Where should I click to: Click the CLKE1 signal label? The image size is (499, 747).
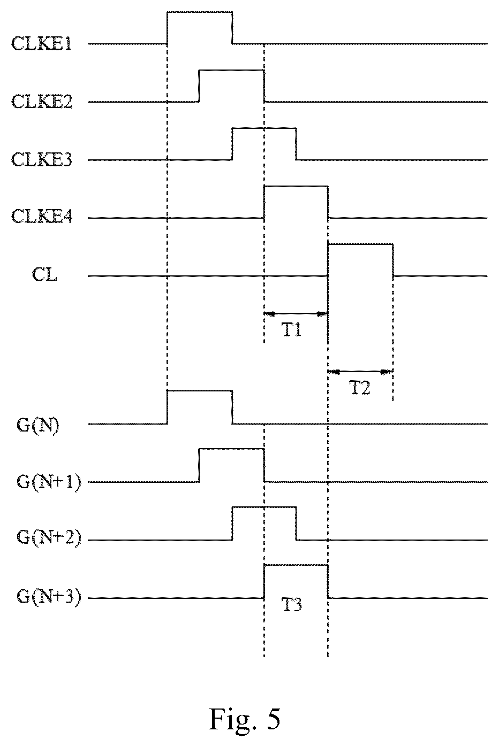41,43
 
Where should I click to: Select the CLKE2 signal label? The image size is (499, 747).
42,102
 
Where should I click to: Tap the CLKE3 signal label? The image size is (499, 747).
42,159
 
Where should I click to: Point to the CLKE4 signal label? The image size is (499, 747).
42,217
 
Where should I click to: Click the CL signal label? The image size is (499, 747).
44,275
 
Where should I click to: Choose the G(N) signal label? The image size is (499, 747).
37,425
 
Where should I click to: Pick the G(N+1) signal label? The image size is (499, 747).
49,483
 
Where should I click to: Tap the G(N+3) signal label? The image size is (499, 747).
49,598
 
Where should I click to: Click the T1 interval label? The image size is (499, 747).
292,330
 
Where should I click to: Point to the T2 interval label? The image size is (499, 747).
360,388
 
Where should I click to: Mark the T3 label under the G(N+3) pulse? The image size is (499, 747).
292,605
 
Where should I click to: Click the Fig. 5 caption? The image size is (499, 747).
245,719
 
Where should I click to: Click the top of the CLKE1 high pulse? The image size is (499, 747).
200,12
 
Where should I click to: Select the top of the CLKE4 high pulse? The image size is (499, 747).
296,186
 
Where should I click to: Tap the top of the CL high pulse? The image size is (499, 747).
360,244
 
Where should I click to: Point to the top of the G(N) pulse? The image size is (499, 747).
200,390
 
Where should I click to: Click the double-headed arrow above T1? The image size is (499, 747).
296,313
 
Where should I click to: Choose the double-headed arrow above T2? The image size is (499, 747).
360,371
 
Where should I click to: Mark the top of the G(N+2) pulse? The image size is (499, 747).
264,507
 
